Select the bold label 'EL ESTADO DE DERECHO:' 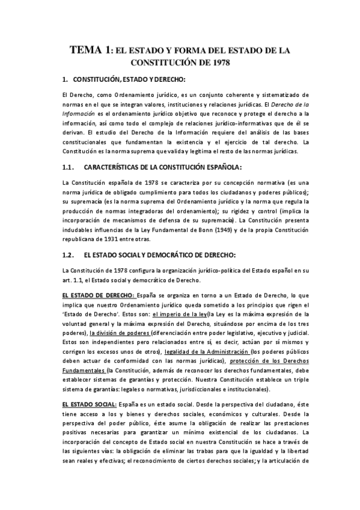(x=98, y=296)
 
